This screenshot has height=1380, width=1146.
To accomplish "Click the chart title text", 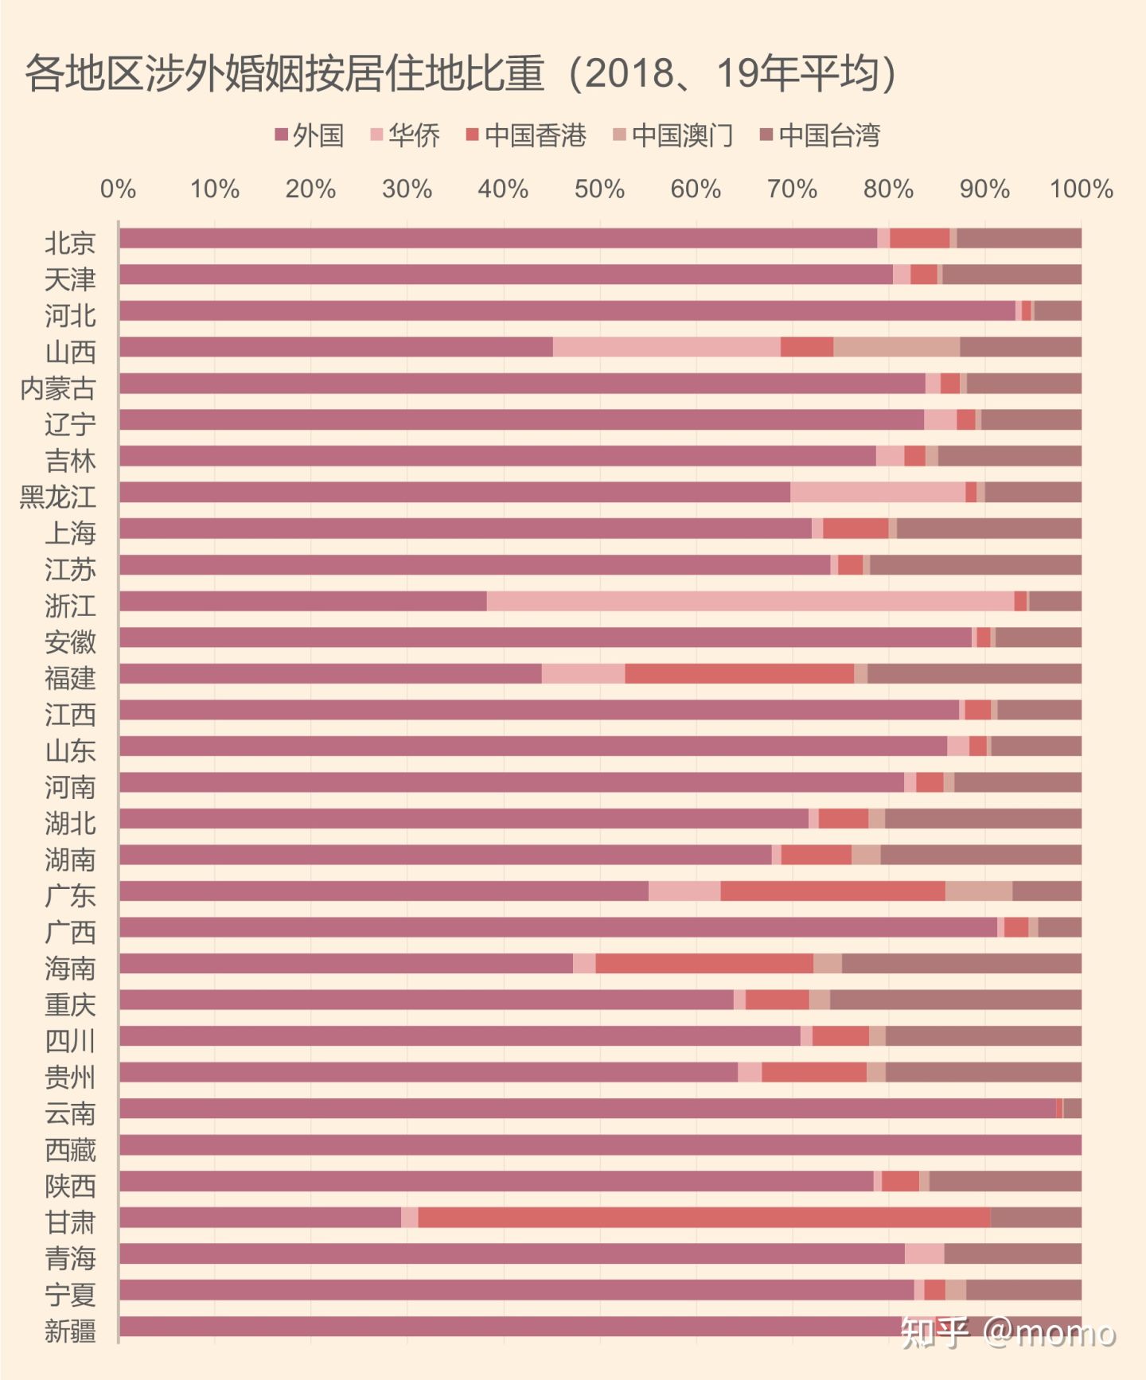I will (461, 73).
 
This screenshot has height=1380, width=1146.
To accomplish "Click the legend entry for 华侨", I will (406, 135).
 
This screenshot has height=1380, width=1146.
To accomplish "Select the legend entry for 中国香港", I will (527, 135).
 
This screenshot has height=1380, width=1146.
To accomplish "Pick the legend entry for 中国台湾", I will (821, 135).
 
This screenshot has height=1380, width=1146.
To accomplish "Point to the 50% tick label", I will (599, 189).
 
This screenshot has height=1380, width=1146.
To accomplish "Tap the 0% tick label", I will (118, 189).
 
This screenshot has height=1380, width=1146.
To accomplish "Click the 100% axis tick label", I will (1081, 189).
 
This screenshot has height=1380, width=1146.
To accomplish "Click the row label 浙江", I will (70, 606).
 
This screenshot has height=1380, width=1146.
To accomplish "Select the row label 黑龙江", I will (58, 497).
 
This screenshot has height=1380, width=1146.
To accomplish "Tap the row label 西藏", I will (70, 1150).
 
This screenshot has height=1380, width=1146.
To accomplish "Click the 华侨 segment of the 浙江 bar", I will (750, 602).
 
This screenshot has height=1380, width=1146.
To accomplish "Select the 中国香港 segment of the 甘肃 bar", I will (704, 1218).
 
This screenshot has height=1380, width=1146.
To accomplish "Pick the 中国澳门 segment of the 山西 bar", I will (896, 347).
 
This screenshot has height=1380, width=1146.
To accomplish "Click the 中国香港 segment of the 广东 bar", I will (832, 891).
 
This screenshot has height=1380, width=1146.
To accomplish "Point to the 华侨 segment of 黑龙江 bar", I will (877, 493).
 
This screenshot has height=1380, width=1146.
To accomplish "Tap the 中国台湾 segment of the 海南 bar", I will (961, 964).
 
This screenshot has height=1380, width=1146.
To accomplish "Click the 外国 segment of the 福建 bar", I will (330, 674).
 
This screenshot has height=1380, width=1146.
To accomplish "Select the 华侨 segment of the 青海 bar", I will (924, 1254).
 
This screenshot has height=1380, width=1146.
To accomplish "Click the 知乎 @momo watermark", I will (1008, 1332).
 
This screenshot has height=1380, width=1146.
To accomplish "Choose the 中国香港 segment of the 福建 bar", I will (739, 674).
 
